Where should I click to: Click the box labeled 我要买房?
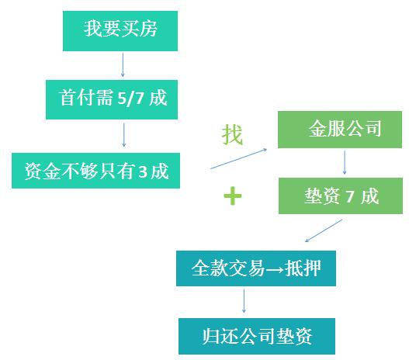[x=120, y=31]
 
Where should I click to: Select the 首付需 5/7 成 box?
[x=112, y=99]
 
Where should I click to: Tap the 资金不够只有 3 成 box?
[x=95, y=171]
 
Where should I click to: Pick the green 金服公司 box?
[x=340, y=130]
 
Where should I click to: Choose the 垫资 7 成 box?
[x=341, y=196]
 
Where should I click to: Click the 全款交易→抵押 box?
[x=256, y=268]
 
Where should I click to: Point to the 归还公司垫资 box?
[x=257, y=336]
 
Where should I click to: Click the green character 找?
[x=232, y=134]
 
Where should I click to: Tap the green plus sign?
[x=233, y=196]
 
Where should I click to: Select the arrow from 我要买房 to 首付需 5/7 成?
[x=123, y=65]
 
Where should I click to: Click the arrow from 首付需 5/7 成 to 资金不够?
[x=124, y=135]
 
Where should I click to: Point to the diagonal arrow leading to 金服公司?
[x=239, y=159]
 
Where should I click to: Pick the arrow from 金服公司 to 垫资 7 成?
[x=345, y=162]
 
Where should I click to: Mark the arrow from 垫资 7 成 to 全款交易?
[x=324, y=230]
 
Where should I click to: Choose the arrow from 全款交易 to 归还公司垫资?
[x=244, y=301]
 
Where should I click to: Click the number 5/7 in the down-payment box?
[x=130, y=99]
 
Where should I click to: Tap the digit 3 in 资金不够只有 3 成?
[x=143, y=172]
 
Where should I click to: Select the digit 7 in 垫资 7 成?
[x=350, y=196]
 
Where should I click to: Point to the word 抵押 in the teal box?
[x=303, y=268]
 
